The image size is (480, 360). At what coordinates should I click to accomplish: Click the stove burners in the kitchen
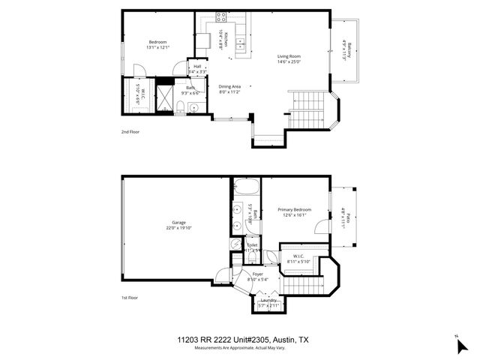coord(222,16)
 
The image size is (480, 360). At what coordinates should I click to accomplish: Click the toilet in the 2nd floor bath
coord(182,105)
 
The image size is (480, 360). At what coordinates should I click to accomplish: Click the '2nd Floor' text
coord(130,131)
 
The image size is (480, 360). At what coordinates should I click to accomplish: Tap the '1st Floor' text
coord(130,298)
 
